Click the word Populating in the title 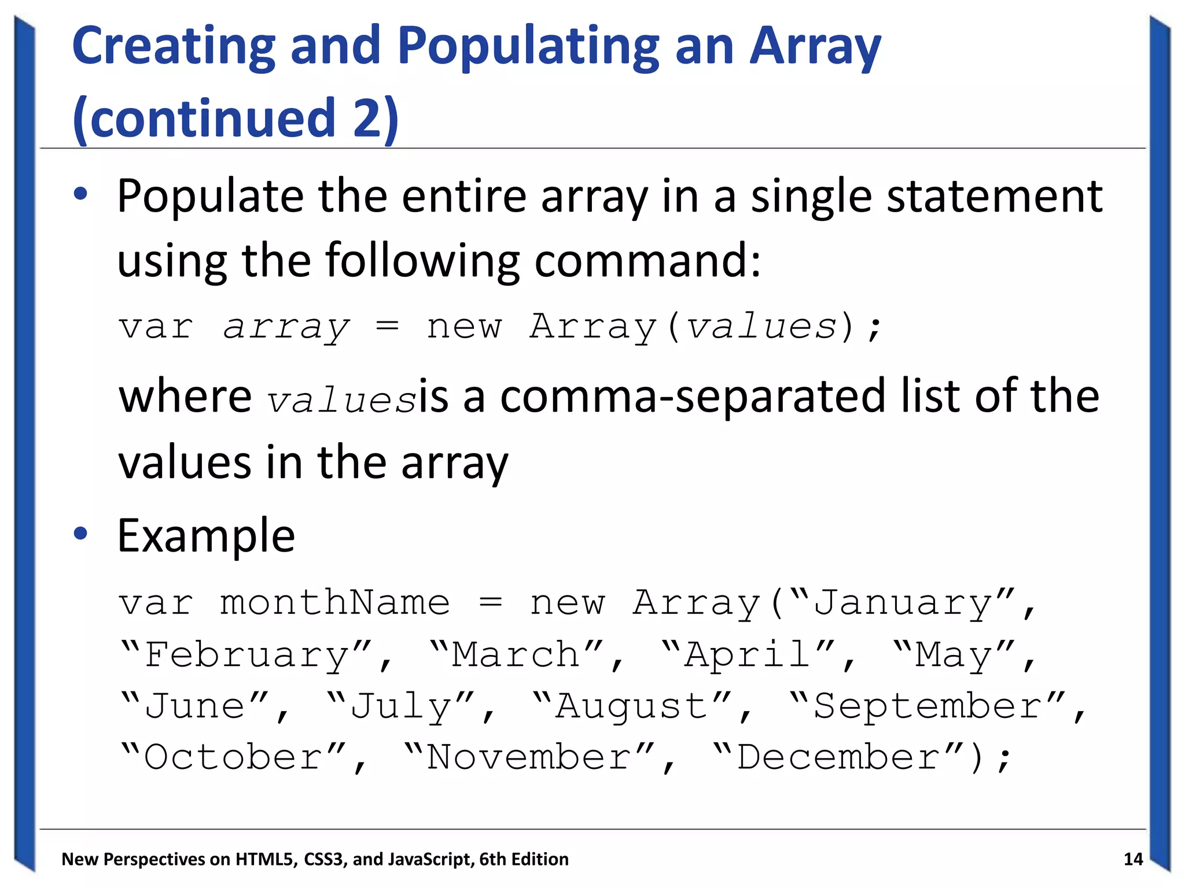coord(528,47)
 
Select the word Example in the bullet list coord(206,536)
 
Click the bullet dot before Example coord(80,533)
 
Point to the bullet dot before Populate coord(80,195)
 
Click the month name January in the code coord(903,604)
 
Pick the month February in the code coord(247,655)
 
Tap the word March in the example coord(516,655)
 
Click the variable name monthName coord(335,604)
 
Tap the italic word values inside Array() coord(761,327)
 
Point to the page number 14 coord(1133,859)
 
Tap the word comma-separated coord(693,397)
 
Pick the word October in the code coord(233,757)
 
